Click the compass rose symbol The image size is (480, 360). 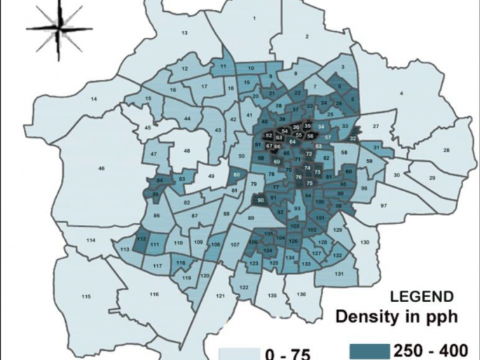55,28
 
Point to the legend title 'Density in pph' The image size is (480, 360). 397,317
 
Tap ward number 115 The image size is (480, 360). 86,298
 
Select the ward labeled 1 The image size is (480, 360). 254,18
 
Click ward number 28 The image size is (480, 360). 446,151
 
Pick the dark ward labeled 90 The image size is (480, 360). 261,201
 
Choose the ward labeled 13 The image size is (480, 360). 185,33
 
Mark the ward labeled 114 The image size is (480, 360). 90,240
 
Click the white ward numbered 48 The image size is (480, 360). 187,151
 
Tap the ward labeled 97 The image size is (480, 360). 383,206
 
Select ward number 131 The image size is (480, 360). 338,274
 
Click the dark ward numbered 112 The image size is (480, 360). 141,240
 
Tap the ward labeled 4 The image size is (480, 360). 402,93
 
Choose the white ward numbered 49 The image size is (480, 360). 211,176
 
